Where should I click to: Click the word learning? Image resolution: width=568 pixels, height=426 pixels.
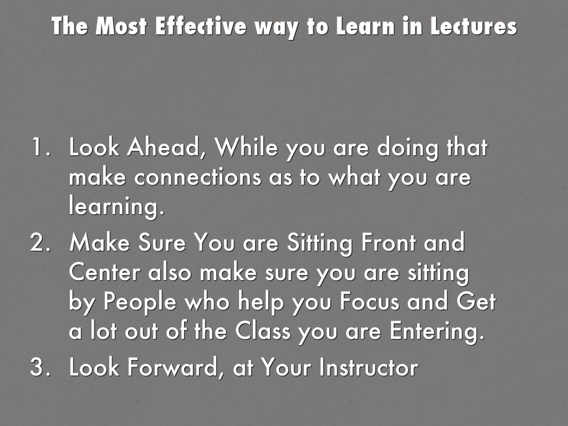coord(116,208)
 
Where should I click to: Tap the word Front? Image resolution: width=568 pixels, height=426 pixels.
coord(380,244)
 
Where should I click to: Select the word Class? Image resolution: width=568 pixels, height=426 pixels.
coord(262,332)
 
